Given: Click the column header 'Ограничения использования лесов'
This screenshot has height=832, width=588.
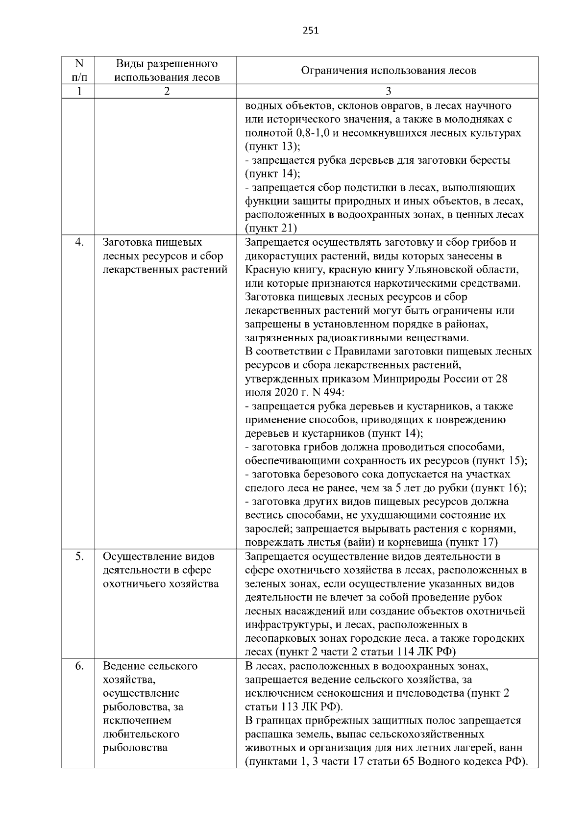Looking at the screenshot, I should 388,71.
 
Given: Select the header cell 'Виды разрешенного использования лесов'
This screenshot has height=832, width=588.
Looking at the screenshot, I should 167,71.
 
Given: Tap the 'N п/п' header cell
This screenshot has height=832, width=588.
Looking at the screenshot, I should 78,71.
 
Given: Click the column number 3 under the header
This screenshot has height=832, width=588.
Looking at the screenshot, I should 388,91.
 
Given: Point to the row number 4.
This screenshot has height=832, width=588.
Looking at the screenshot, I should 80,243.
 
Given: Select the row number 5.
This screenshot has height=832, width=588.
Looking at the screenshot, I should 80,556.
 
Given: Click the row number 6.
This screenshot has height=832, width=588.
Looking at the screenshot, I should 80,666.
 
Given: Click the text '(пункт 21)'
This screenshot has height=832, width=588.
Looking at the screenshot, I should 270,228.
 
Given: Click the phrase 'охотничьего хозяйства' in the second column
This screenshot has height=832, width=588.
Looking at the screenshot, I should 161,584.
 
